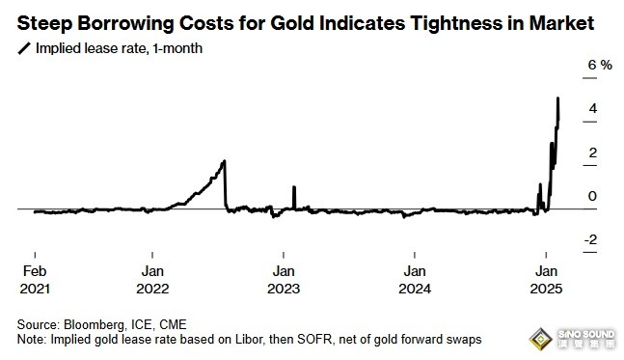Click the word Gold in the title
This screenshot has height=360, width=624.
[x=292, y=23]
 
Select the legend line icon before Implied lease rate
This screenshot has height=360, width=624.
[x=24, y=48]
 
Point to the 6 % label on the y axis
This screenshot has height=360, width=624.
[x=600, y=65]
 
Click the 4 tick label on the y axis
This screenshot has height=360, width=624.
[x=593, y=108]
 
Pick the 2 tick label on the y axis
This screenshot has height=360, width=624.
[x=593, y=152]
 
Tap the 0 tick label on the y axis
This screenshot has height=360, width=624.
[x=592, y=196]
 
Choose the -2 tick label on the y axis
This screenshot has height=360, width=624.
[x=590, y=239]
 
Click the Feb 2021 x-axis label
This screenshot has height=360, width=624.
[x=35, y=280]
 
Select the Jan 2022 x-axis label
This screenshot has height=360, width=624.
[x=152, y=280]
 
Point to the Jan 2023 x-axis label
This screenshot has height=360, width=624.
[x=284, y=280]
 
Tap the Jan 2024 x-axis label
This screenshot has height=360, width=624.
[x=415, y=280]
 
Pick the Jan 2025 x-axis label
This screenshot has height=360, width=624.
[x=546, y=280]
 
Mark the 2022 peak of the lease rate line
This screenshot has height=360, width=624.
[x=224, y=161]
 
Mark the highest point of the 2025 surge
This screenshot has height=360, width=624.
[x=558, y=98]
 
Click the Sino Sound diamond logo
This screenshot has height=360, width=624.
[x=540, y=340]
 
